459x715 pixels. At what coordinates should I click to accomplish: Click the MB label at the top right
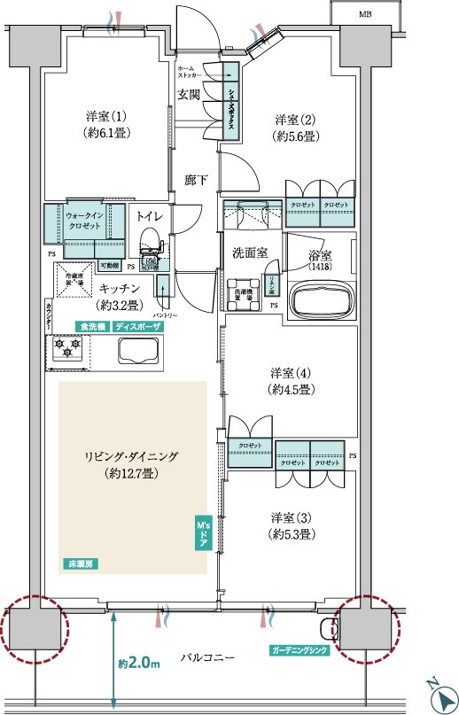point(365,15)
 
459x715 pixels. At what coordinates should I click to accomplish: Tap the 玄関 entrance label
point(189,96)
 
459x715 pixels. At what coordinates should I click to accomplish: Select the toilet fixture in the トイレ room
point(150,241)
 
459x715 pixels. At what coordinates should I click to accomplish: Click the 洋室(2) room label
point(295,128)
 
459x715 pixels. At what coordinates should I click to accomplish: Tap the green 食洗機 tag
point(91,326)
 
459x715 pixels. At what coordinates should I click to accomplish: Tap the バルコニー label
point(206,658)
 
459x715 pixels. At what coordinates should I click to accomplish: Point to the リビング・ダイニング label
point(132,465)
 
